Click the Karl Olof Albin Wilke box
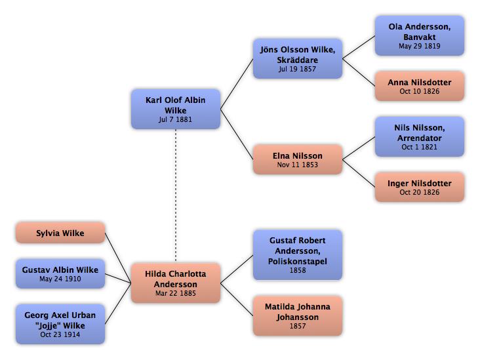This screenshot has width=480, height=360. click(x=176, y=109)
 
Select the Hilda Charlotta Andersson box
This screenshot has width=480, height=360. click(x=176, y=283)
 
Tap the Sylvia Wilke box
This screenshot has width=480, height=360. click(x=60, y=233)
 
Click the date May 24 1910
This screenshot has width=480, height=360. click(x=60, y=279)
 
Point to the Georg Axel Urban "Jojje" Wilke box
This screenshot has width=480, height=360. click(x=60, y=324)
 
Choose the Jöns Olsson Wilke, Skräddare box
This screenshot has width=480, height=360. click(x=298, y=58)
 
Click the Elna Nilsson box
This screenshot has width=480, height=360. click(x=298, y=159)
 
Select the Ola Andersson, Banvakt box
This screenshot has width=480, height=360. click(x=420, y=36)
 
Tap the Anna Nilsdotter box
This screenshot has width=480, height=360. click(x=420, y=86)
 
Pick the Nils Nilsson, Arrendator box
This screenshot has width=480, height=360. click(x=420, y=136)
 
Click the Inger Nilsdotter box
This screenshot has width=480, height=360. click(x=420, y=187)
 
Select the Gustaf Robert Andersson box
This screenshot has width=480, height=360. click(x=298, y=255)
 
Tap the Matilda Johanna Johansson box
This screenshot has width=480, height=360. click(x=298, y=316)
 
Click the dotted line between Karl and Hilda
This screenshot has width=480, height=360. click(x=176, y=196)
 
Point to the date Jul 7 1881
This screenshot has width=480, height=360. click(x=175, y=120)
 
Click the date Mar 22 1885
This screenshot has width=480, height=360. click(x=176, y=293)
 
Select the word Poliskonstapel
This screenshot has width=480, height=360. click(x=298, y=262)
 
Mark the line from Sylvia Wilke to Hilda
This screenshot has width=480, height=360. click(x=118, y=258)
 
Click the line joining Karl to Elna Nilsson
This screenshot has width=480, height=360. click(x=237, y=134)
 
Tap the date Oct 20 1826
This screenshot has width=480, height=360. click(x=420, y=192)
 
